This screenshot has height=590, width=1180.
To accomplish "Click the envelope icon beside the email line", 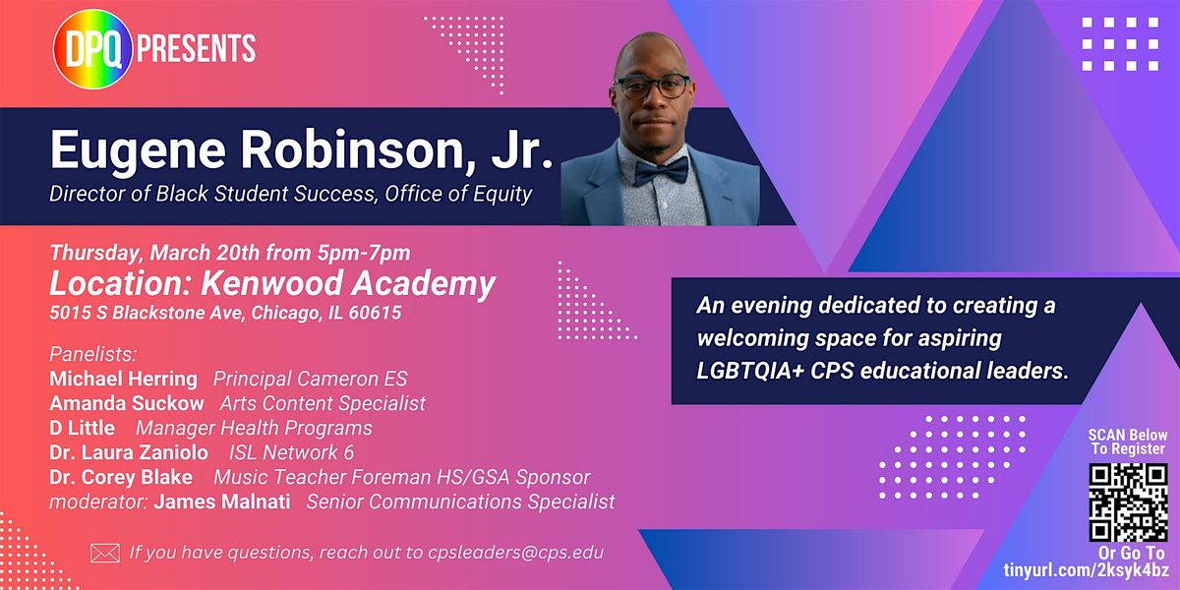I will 105,553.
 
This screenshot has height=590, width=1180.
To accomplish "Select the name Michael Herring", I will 123,379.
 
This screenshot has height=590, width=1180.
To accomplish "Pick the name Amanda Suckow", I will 127,403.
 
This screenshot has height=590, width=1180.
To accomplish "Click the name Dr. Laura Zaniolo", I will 129,452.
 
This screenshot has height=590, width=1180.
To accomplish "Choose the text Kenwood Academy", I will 348,284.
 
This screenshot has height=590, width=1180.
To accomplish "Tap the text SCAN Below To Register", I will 1127,442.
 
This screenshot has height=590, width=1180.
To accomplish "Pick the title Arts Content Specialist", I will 323,403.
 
